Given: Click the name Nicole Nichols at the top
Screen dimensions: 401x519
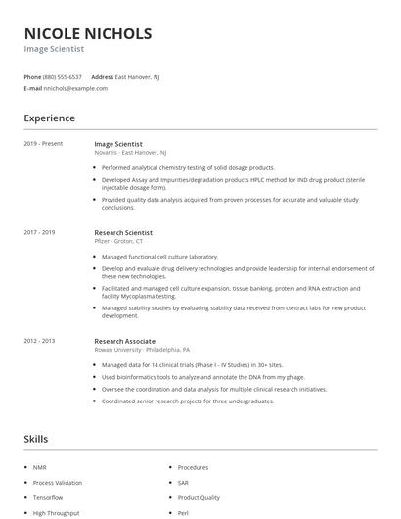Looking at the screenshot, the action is pyautogui.click(x=88, y=33).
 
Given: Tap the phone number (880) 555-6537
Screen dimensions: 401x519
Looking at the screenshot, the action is pyautogui.click(x=63, y=76).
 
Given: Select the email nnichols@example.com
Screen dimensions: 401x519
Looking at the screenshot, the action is pyautogui.click(x=75, y=88).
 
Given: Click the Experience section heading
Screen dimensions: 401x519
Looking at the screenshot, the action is pyautogui.click(x=50, y=118).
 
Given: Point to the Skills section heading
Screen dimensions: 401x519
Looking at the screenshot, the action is pyautogui.click(x=36, y=439).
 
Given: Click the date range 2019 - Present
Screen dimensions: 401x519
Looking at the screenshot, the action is pyautogui.click(x=43, y=144).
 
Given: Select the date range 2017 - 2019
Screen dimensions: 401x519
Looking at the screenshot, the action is pyautogui.click(x=40, y=232).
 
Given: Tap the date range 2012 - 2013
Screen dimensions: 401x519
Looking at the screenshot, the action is pyautogui.click(x=40, y=340).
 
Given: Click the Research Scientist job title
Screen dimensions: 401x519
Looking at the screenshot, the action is pyautogui.click(x=123, y=232).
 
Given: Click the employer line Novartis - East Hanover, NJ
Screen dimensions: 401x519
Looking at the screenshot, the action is pyautogui.click(x=130, y=153).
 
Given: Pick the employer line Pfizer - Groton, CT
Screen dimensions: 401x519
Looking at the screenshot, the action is pyautogui.click(x=118, y=241).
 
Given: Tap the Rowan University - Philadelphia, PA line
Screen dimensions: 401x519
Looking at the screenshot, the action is pyautogui.click(x=142, y=349).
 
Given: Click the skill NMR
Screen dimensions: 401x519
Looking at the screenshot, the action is pyautogui.click(x=39, y=467).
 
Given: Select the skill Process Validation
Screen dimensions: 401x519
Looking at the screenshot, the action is pyautogui.click(x=58, y=482).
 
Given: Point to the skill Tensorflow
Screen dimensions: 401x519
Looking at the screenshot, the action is pyautogui.click(x=48, y=497).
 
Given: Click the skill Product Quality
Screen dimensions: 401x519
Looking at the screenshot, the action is pyautogui.click(x=199, y=497).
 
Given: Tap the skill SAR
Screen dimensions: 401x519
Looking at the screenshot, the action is pyautogui.click(x=184, y=482).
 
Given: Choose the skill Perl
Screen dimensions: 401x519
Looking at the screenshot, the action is pyautogui.click(x=183, y=512).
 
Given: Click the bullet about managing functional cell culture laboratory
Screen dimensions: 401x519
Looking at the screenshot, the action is pyautogui.click(x=159, y=257).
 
